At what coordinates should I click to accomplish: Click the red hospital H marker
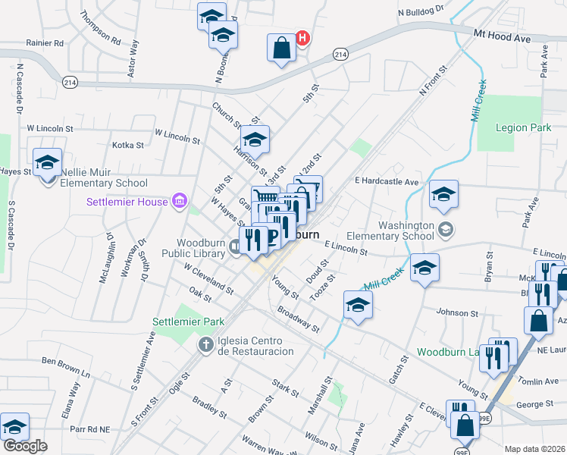click(x=302, y=37)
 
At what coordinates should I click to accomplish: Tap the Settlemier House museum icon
click(x=180, y=201)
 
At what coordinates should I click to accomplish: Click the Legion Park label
click(x=523, y=128)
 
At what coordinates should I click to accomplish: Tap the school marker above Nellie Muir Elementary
click(x=47, y=163)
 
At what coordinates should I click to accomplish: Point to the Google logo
click(x=25, y=446)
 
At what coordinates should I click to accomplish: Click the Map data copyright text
click(x=535, y=449)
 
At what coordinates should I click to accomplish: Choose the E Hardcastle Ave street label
click(x=387, y=182)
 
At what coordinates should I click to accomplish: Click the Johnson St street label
click(x=458, y=312)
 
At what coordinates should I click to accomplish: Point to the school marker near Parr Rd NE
click(x=14, y=428)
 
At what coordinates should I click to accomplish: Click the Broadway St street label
click(x=299, y=320)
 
